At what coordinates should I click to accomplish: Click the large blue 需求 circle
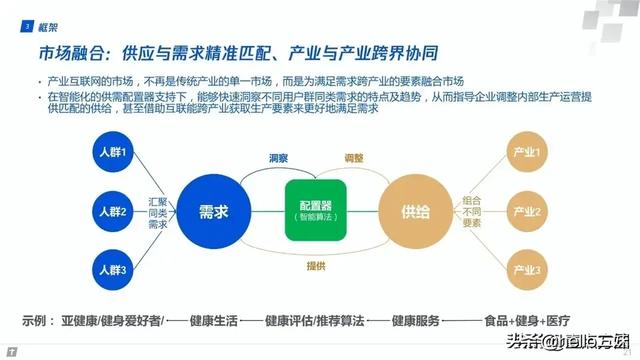(212, 211)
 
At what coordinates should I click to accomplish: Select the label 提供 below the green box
(314, 264)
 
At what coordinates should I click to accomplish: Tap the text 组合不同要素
(470, 212)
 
